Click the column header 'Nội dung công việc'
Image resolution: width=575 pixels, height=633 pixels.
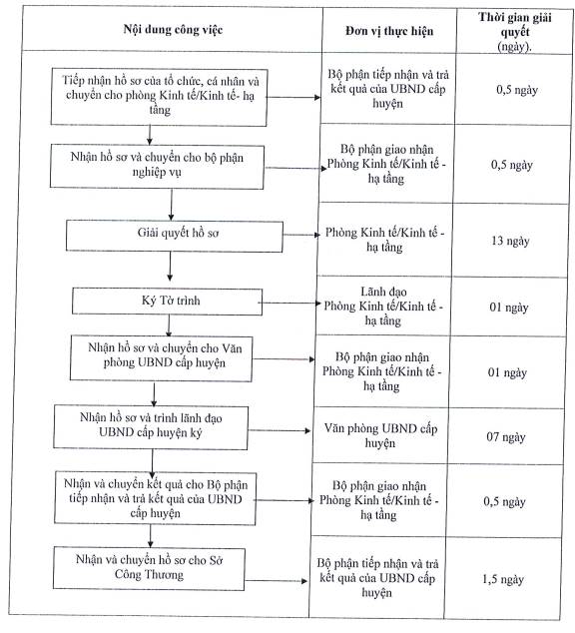173,30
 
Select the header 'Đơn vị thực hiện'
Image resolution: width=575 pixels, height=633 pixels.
389,31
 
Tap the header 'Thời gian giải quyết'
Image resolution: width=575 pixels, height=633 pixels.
515,25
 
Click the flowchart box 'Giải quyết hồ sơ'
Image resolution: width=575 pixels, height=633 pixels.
175,237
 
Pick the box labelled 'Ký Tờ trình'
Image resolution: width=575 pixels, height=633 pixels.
167,302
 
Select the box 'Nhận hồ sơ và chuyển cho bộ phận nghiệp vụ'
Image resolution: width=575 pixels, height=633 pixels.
157,167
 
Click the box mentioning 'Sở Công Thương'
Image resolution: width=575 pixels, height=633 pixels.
149,568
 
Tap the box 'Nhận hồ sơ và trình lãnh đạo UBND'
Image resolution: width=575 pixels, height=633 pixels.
151,427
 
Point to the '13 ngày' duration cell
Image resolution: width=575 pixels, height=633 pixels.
510,241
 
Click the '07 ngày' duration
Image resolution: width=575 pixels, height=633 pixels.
506,436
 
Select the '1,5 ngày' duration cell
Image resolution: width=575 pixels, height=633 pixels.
503,579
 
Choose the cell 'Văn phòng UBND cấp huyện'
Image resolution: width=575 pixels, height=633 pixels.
380,435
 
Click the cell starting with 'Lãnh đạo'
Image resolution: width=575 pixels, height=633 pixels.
383,306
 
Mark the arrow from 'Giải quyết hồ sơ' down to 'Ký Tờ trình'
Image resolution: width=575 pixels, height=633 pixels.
170,267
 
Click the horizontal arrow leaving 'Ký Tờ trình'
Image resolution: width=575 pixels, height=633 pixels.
289,303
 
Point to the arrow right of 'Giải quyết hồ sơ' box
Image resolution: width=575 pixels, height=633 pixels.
301,235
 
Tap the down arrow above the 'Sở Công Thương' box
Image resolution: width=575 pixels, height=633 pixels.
151,536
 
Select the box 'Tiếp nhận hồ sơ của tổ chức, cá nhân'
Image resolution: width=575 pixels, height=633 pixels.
159,97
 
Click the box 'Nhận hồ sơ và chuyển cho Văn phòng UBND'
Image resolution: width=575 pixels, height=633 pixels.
162,358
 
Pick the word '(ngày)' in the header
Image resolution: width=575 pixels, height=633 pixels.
514,46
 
